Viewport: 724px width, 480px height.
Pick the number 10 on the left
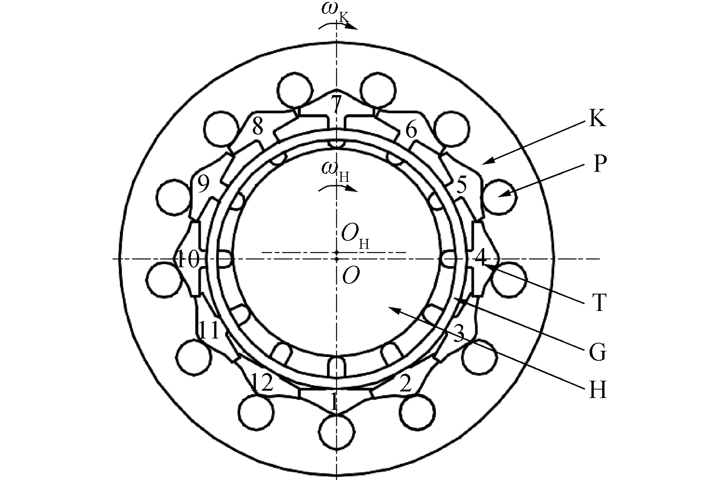pos(188,259)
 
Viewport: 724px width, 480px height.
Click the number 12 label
pos(262,382)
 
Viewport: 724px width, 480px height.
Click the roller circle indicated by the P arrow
pos(500,196)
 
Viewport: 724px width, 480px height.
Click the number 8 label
pos(257,126)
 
